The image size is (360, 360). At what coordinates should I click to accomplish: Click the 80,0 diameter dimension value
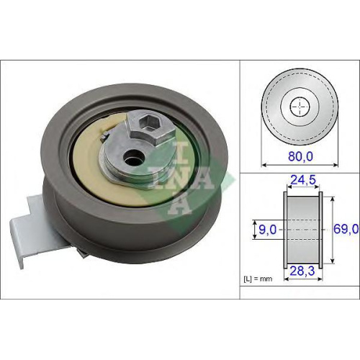click(300, 156)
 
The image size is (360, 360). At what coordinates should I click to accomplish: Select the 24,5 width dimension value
click(303, 180)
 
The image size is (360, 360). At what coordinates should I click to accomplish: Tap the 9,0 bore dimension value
click(268, 230)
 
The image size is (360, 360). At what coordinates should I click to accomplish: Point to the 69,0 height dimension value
click(346, 229)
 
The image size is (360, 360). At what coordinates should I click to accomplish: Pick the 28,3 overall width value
click(302, 271)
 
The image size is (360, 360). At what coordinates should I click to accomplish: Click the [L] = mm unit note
click(258, 279)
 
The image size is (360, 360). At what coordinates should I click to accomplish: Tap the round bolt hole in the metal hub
click(134, 157)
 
